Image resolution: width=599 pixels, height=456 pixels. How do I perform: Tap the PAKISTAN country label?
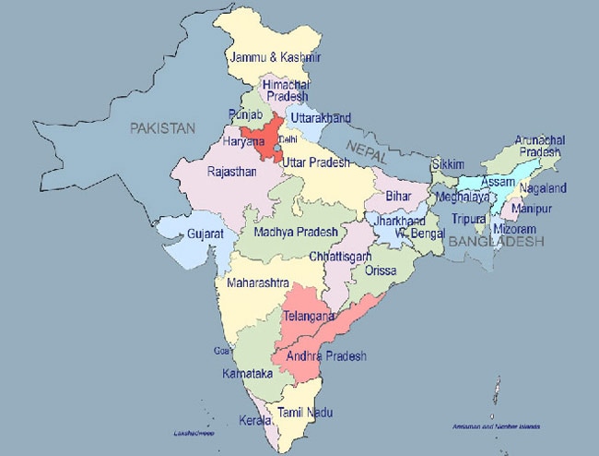tap(163, 128)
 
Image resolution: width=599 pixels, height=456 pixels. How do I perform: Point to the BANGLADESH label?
tap(497, 241)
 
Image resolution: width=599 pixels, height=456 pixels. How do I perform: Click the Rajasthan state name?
tap(231, 171)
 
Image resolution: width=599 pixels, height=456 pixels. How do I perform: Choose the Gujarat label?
tap(206, 234)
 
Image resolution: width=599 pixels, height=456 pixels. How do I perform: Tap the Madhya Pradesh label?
tap(295, 231)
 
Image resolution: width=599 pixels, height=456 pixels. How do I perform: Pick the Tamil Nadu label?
tap(306, 413)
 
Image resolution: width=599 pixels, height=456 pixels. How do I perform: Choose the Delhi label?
tap(288, 139)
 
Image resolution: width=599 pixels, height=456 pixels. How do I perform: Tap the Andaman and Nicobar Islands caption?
tap(497, 426)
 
